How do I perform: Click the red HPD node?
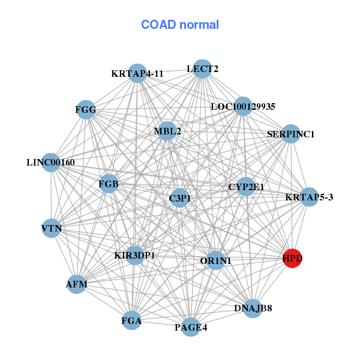[292, 259]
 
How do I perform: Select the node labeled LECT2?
[202, 69]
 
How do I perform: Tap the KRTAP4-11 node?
[138, 73]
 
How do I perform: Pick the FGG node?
[86, 109]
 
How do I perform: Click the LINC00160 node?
[51, 162]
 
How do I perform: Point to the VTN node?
[52, 228]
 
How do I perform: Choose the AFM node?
[76, 284]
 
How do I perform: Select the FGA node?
[131, 321]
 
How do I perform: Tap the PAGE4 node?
[191, 327]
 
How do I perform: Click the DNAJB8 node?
[253, 308]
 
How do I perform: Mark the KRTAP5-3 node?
[309, 197]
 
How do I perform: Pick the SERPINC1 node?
[290, 134]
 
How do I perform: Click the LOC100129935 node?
[243, 107]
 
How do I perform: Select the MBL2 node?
[167, 131]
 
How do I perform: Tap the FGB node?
[108, 184]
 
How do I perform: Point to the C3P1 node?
[179, 198]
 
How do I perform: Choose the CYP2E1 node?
[246, 187]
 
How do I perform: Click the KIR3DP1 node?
[135, 256]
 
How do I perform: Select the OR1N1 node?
[215, 260]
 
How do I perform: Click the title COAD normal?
[180, 25]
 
